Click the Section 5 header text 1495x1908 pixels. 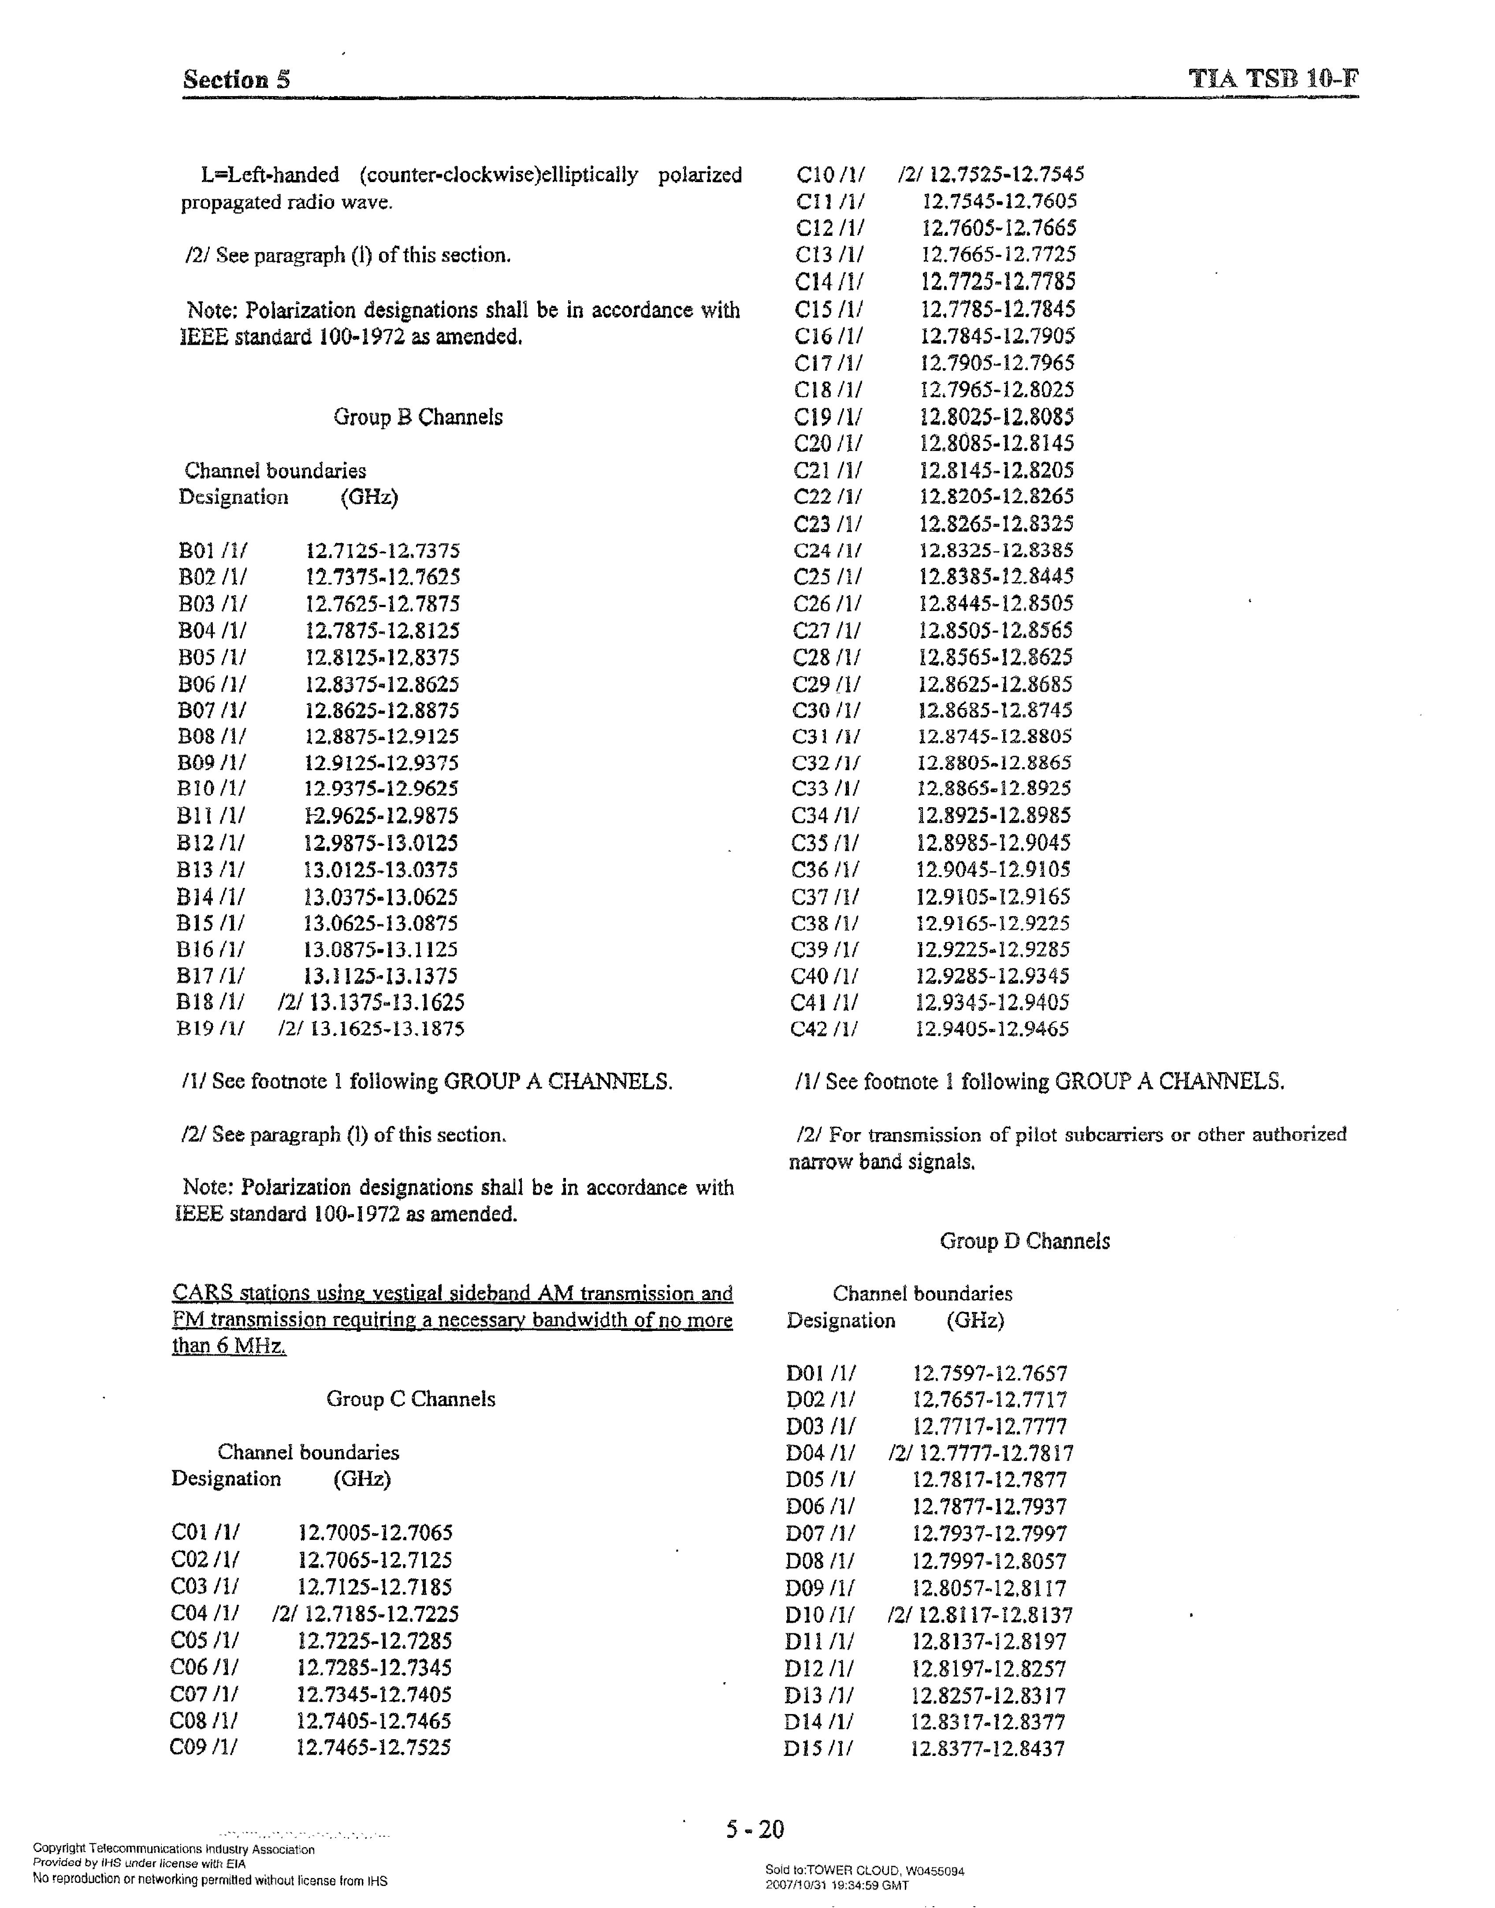(236, 80)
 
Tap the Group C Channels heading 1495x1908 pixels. (410, 1398)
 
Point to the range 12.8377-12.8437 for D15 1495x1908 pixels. (987, 1749)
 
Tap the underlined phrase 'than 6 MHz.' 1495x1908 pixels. (229, 1346)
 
